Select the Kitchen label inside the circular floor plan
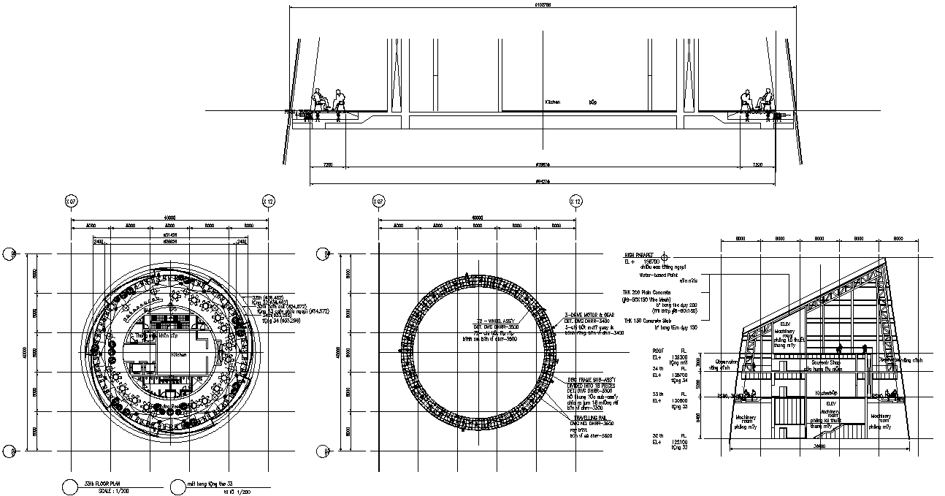tap(179, 354)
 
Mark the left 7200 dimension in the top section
tap(327, 166)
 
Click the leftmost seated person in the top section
tap(320, 100)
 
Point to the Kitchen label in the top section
tap(552, 102)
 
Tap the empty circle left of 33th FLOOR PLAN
tap(70, 487)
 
